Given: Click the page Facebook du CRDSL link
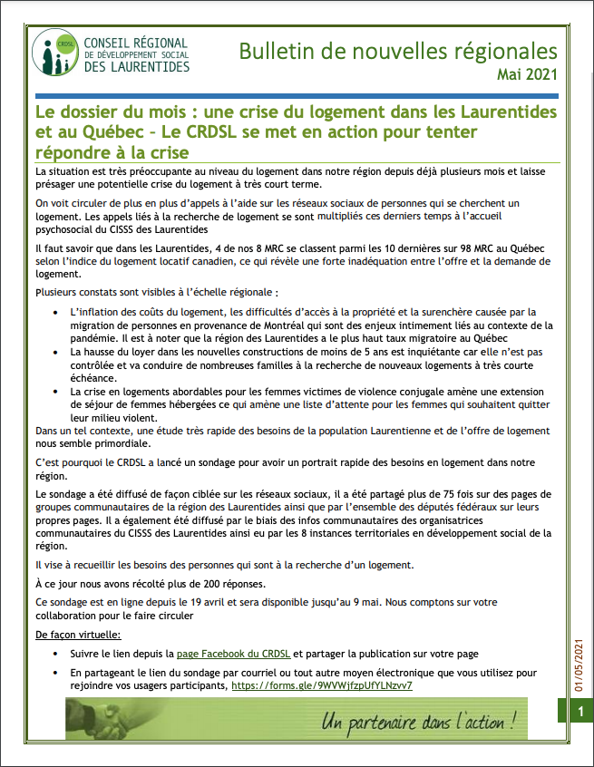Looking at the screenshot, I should (234, 654).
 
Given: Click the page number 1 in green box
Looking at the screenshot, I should (580, 714).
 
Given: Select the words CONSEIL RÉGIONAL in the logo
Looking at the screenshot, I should (135, 43).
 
